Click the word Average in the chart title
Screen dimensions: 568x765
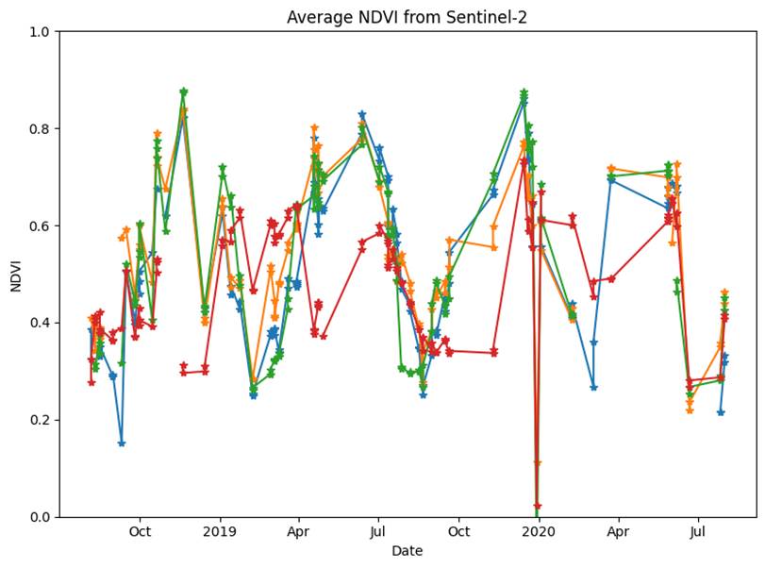[317, 18]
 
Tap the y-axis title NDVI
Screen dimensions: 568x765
[16, 275]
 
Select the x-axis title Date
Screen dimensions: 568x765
[407, 551]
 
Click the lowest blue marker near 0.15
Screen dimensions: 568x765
[122, 443]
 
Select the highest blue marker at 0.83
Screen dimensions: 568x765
[362, 115]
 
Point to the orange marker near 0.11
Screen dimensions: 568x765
[538, 463]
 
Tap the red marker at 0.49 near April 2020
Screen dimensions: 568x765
[611, 279]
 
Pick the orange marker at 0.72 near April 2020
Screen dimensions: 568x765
[611, 169]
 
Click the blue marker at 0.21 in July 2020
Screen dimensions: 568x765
[721, 412]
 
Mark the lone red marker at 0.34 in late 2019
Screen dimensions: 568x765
[494, 352]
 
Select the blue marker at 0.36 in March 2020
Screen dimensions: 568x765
[593, 343]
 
